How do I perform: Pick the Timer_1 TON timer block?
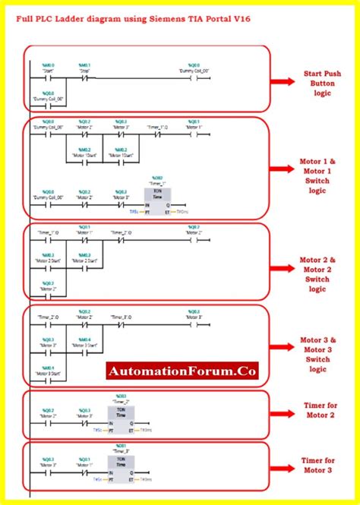tap(158, 199)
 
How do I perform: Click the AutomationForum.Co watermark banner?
tap(182, 371)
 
